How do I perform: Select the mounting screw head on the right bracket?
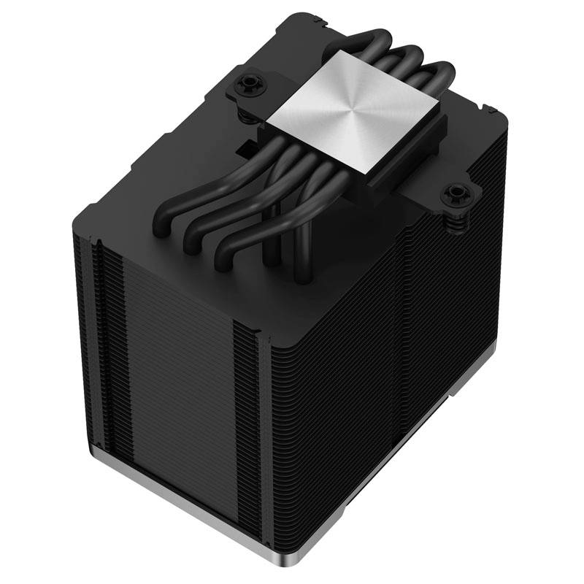pyautogui.click(x=457, y=193)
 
